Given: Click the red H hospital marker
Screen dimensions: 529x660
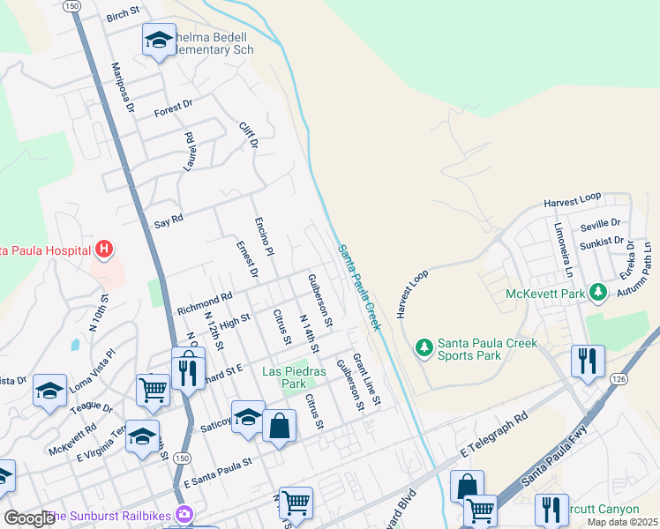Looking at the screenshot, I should coord(104,250).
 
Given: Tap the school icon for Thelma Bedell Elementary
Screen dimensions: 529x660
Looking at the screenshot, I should coord(159,40).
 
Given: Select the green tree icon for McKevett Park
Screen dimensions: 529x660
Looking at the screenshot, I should coord(599,292).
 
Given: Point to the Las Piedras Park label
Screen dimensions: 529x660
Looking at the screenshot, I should coord(295,377).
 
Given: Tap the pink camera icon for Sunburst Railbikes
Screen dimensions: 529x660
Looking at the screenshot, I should coord(184,514).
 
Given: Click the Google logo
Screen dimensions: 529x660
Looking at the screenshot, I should coord(29,518).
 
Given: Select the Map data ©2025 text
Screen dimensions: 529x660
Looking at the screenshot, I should coord(622,522).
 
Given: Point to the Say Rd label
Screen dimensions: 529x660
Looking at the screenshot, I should coord(168,219).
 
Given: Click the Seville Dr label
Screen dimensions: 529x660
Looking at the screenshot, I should coord(600,224).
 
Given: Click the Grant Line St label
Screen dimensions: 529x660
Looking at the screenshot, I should coord(365,380).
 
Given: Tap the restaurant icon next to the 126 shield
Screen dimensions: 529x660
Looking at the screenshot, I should coord(583,360).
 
